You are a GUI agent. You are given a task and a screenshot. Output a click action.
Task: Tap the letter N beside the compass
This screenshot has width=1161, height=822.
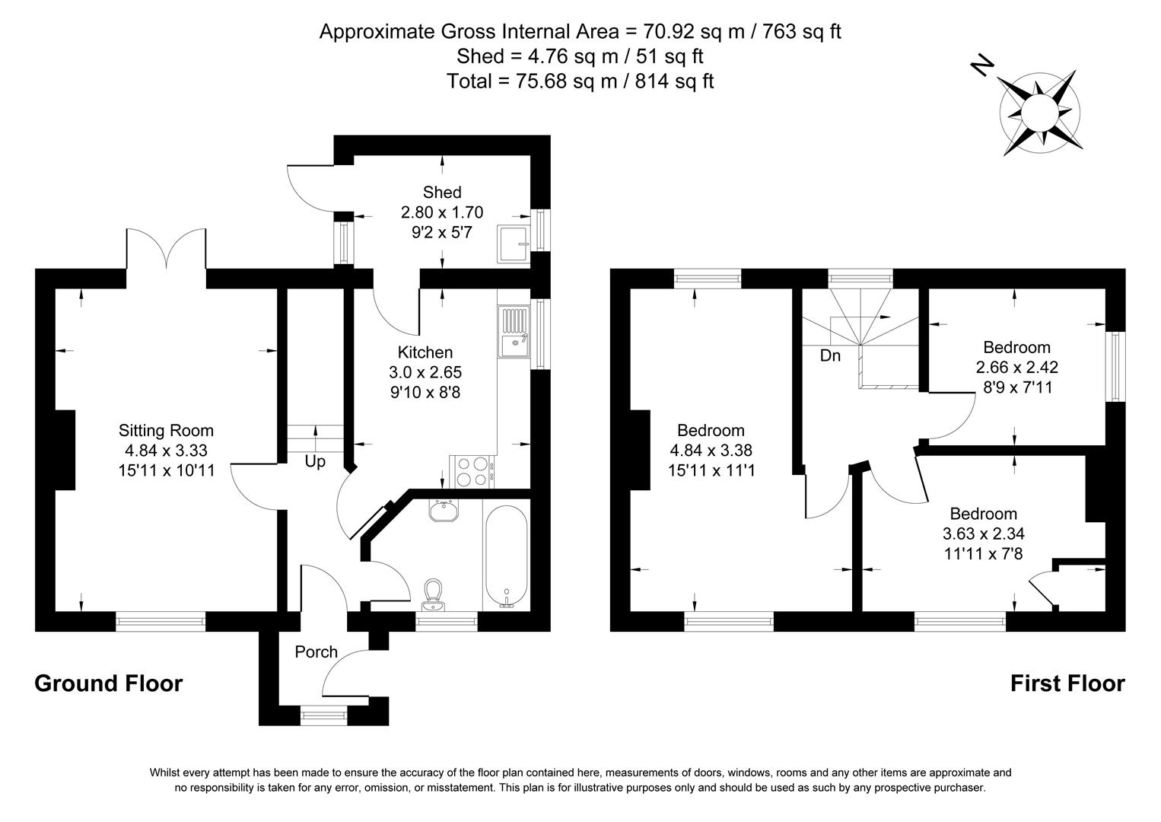click(982, 66)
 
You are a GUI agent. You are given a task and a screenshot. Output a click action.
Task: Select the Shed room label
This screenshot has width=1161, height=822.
click(442, 193)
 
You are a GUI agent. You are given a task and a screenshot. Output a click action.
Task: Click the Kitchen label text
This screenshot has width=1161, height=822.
click(425, 352)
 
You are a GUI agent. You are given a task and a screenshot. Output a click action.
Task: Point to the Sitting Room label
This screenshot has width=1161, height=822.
click(166, 431)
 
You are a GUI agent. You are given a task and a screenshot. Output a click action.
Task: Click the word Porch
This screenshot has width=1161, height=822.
click(316, 652)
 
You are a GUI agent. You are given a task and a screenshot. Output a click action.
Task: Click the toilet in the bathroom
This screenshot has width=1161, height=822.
click(434, 592)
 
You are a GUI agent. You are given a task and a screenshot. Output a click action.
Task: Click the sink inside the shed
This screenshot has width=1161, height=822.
click(515, 244)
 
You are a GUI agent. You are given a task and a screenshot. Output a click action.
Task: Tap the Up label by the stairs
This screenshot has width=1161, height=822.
click(315, 462)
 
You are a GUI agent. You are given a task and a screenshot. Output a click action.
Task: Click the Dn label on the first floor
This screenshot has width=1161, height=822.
click(830, 355)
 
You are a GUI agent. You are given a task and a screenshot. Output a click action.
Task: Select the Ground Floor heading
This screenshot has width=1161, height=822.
click(109, 683)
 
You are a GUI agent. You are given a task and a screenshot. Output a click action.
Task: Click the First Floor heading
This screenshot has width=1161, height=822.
click(1067, 683)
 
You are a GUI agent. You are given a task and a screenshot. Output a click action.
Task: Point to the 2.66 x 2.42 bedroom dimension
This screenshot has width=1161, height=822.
click(1016, 367)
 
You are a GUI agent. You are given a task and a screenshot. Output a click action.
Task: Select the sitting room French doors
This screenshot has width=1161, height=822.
click(166, 247)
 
